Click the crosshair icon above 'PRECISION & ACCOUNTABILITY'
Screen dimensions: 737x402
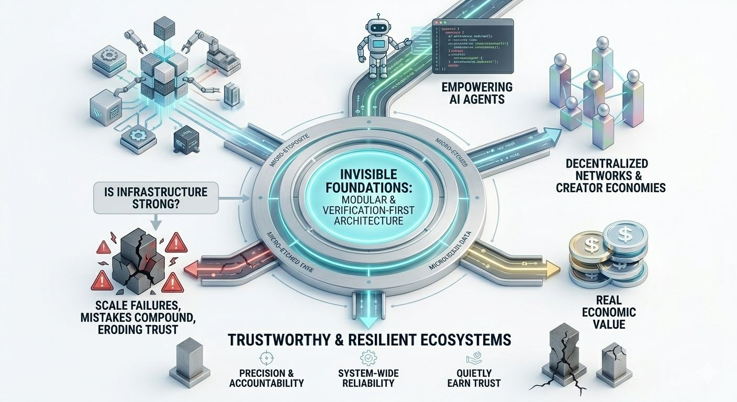265,359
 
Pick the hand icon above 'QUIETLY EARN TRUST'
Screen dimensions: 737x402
473,359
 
